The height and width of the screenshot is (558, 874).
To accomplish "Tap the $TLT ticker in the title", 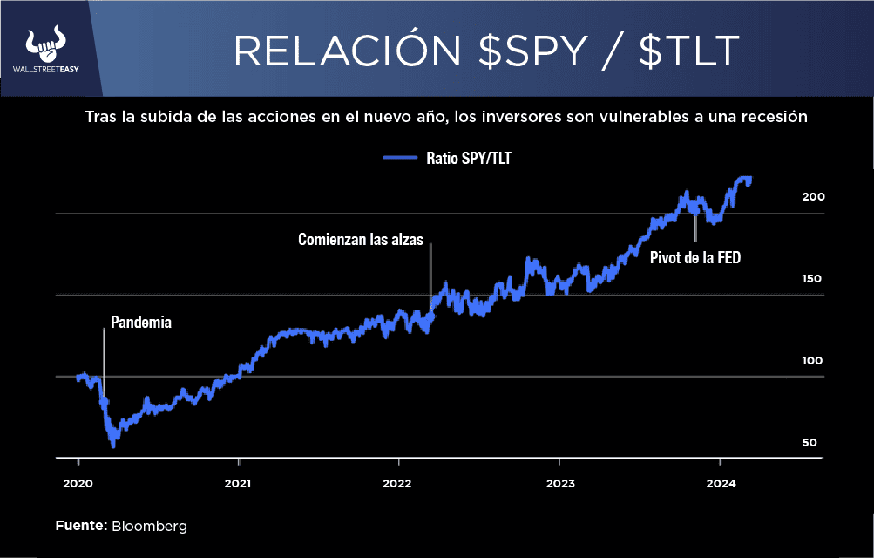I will click(x=689, y=51).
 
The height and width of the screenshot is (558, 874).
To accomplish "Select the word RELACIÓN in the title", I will click(x=349, y=51).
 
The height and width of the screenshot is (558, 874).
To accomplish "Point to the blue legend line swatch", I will click(x=401, y=159).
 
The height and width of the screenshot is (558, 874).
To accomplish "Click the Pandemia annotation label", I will click(x=141, y=322).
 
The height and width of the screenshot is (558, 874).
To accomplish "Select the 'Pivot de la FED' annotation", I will click(x=694, y=257).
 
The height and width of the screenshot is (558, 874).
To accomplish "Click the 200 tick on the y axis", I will click(x=813, y=197).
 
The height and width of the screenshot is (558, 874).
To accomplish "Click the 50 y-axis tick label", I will click(x=810, y=443).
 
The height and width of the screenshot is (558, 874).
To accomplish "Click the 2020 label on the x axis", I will click(x=78, y=482).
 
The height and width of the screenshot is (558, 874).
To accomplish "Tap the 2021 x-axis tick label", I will click(x=238, y=482).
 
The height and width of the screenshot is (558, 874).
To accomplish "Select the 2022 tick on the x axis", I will click(x=397, y=482).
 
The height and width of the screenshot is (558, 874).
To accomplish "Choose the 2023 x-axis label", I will click(x=559, y=482).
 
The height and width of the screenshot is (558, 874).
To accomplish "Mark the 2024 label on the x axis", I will click(x=719, y=482).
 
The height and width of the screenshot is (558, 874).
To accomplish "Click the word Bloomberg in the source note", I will click(x=149, y=527).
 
